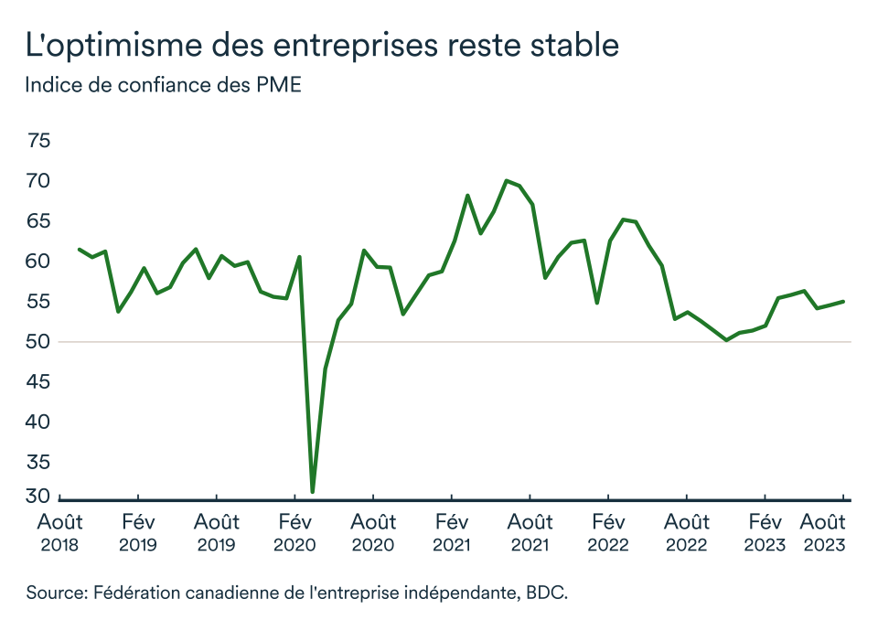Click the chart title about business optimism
coord(323,45)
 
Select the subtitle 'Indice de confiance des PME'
coord(163,87)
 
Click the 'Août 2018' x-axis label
coord(59,533)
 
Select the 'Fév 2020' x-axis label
coord(294,533)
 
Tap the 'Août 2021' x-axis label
coord(530,533)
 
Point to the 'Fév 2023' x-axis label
coord(766,533)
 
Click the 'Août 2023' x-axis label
coord(823,533)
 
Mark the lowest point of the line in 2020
coord(313,492)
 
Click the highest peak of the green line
coord(506,180)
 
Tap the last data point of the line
coord(843,301)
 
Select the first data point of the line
coord(80,249)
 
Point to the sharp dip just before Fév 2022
coord(597,303)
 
